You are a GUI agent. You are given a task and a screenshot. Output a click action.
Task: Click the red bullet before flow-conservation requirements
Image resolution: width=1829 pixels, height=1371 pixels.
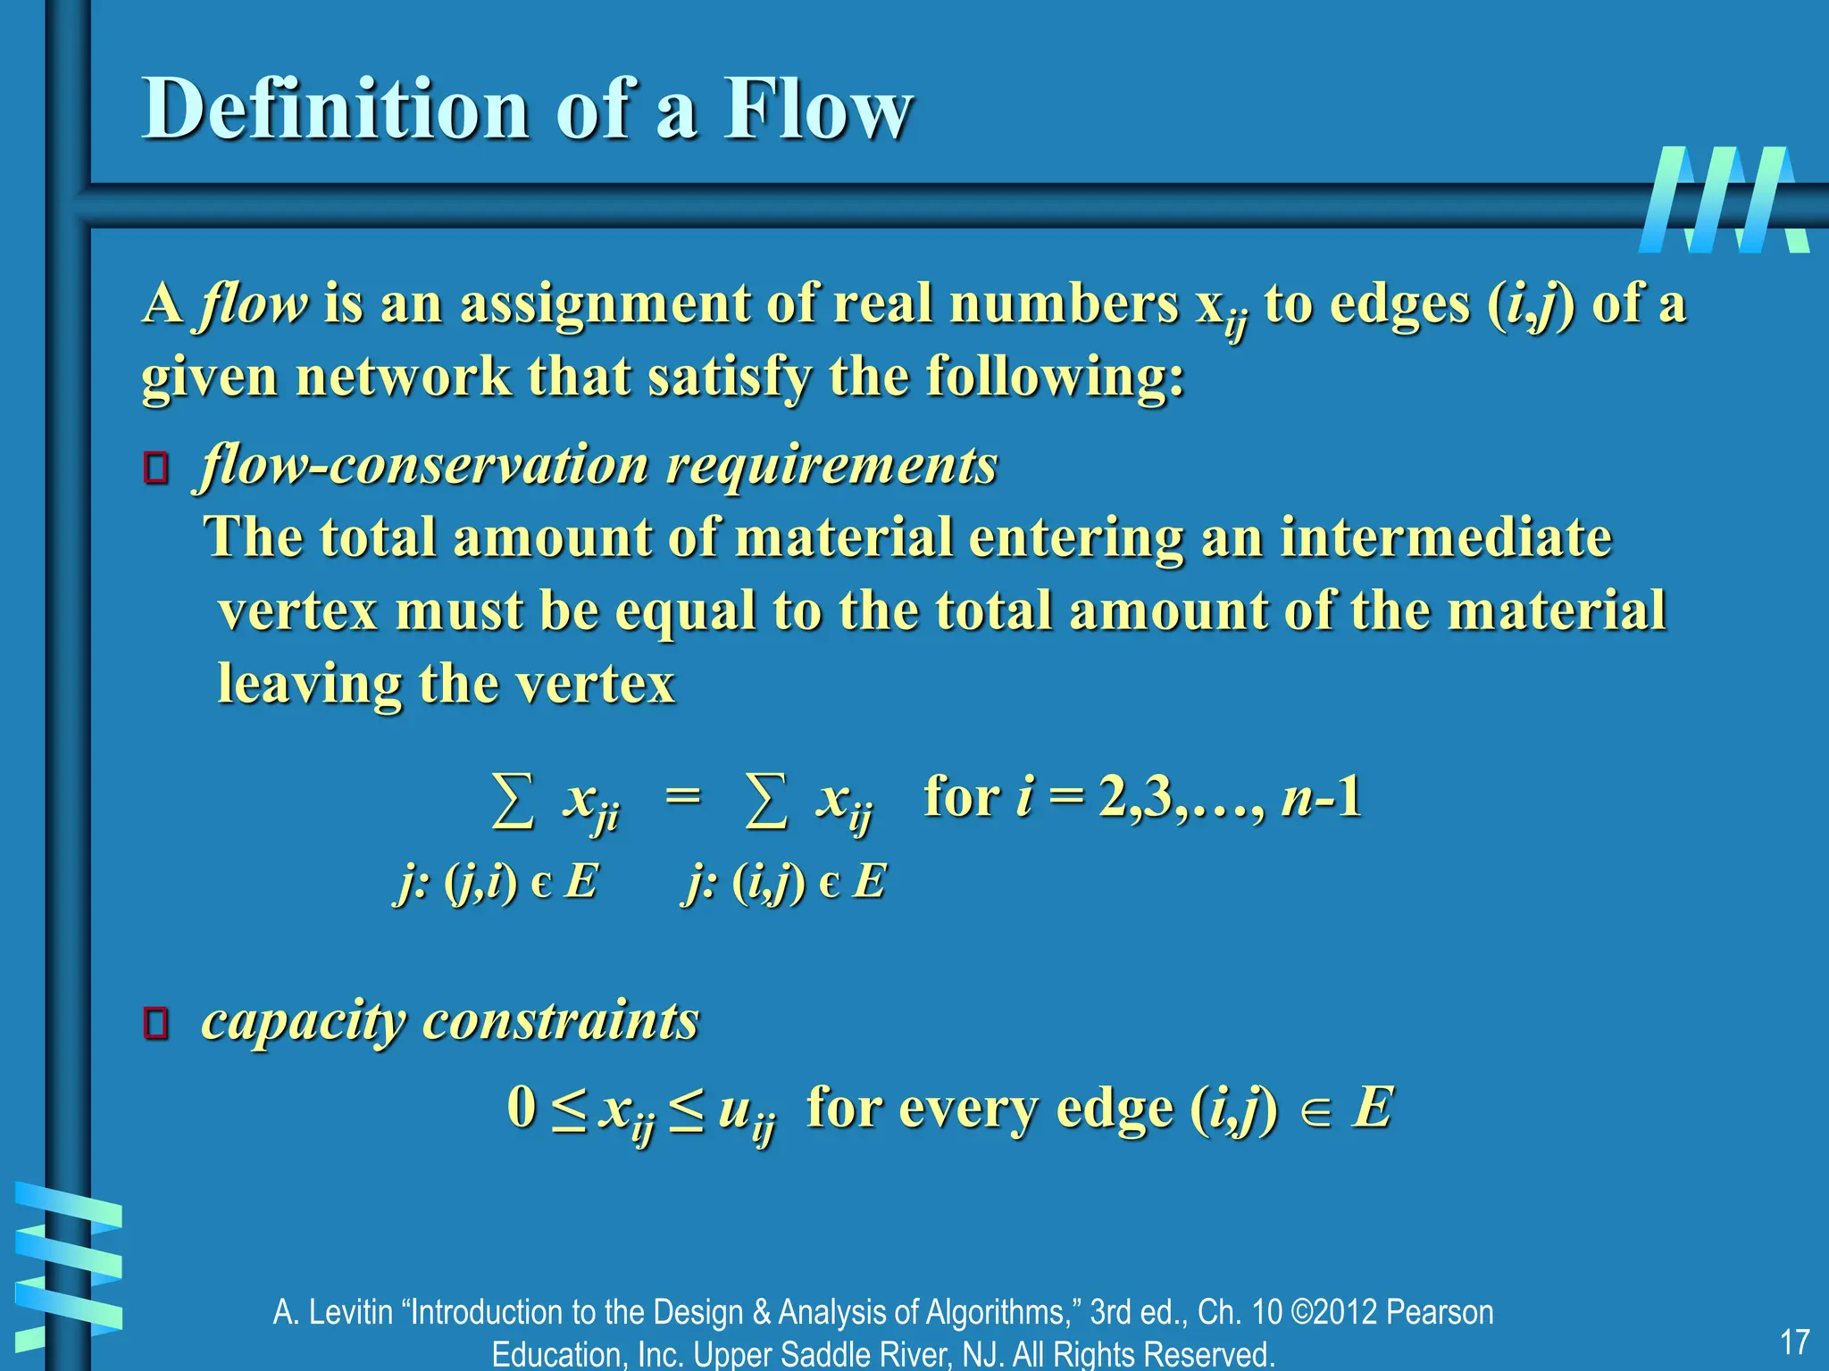tap(156, 469)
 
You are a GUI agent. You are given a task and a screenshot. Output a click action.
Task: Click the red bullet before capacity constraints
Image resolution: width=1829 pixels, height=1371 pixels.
tap(156, 1024)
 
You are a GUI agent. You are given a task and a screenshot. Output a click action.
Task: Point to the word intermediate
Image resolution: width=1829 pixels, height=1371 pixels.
tap(1446, 537)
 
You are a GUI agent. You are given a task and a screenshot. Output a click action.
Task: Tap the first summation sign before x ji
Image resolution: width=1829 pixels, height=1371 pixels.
tap(514, 800)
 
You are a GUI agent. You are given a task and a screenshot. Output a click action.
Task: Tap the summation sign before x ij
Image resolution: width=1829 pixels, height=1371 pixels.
tap(766, 800)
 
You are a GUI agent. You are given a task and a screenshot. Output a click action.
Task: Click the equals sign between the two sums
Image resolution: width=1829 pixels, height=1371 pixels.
tap(683, 794)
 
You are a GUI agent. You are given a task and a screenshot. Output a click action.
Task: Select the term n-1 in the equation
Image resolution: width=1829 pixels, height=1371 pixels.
tap(1321, 796)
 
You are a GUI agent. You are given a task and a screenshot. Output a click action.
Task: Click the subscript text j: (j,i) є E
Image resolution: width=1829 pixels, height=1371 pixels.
tap(496, 883)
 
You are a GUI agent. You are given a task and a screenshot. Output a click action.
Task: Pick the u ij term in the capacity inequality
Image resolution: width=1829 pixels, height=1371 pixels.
tap(746, 1112)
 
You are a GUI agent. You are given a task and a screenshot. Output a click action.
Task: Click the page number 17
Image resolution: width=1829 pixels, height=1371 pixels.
tap(1794, 1342)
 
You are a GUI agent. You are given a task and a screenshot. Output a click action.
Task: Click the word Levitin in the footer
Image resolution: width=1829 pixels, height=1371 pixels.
tap(351, 1312)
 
